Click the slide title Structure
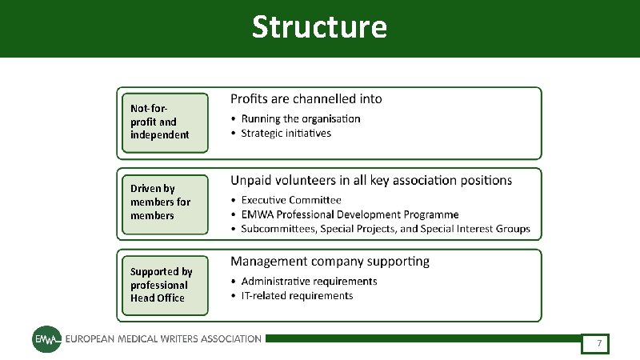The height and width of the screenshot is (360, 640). pyautogui.click(x=319, y=27)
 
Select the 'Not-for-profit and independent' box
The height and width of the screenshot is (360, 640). pyautogui.click(x=163, y=122)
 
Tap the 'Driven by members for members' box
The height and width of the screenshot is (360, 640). pyautogui.click(x=163, y=202)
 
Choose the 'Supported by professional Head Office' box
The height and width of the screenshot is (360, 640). pyautogui.click(x=163, y=285)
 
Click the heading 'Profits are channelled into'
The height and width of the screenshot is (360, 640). pyautogui.click(x=306, y=99)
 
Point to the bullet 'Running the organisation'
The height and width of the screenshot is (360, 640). pyautogui.click(x=301, y=118)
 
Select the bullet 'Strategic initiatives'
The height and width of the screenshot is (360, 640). pyautogui.click(x=286, y=133)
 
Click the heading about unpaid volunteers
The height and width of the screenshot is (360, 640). pyautogui.click(x=371, y=180)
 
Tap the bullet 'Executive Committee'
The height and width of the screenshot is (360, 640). pyautogui.click(x=291, y=200)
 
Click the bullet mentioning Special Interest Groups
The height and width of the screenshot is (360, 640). pyautogui.click(x=386, y=229)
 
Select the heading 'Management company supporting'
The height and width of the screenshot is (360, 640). pyautogui.click(x=330, y=261)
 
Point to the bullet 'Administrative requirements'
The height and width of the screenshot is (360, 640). pyautogui.click(x=309, y=282)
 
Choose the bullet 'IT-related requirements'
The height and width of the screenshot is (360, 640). pyautogui.click(x=297, y=296)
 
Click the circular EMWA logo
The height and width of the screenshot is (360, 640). pyautogui.click(x=45, y=339)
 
